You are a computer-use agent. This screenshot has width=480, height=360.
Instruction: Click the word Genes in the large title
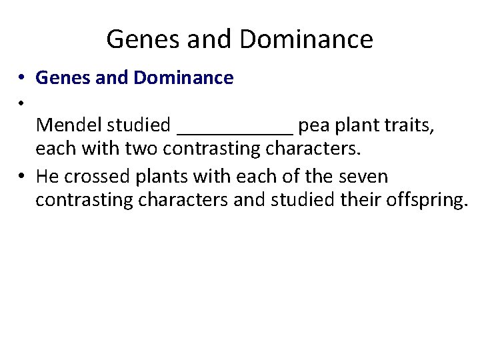pos(144,39)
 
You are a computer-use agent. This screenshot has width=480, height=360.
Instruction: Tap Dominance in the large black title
pos(306,39)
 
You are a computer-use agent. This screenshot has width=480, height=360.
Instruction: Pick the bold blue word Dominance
pos(183,78)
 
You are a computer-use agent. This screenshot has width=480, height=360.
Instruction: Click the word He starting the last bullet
pos(47,177)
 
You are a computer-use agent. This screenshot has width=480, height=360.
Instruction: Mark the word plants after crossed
pos(159,177)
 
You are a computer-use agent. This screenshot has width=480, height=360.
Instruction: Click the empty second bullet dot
pos(22,102)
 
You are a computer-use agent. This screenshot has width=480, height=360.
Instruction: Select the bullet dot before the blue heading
pos(22,79)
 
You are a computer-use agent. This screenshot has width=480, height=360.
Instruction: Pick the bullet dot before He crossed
pos(22,177)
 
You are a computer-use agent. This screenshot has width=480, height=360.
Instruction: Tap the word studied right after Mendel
pos(140,125)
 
